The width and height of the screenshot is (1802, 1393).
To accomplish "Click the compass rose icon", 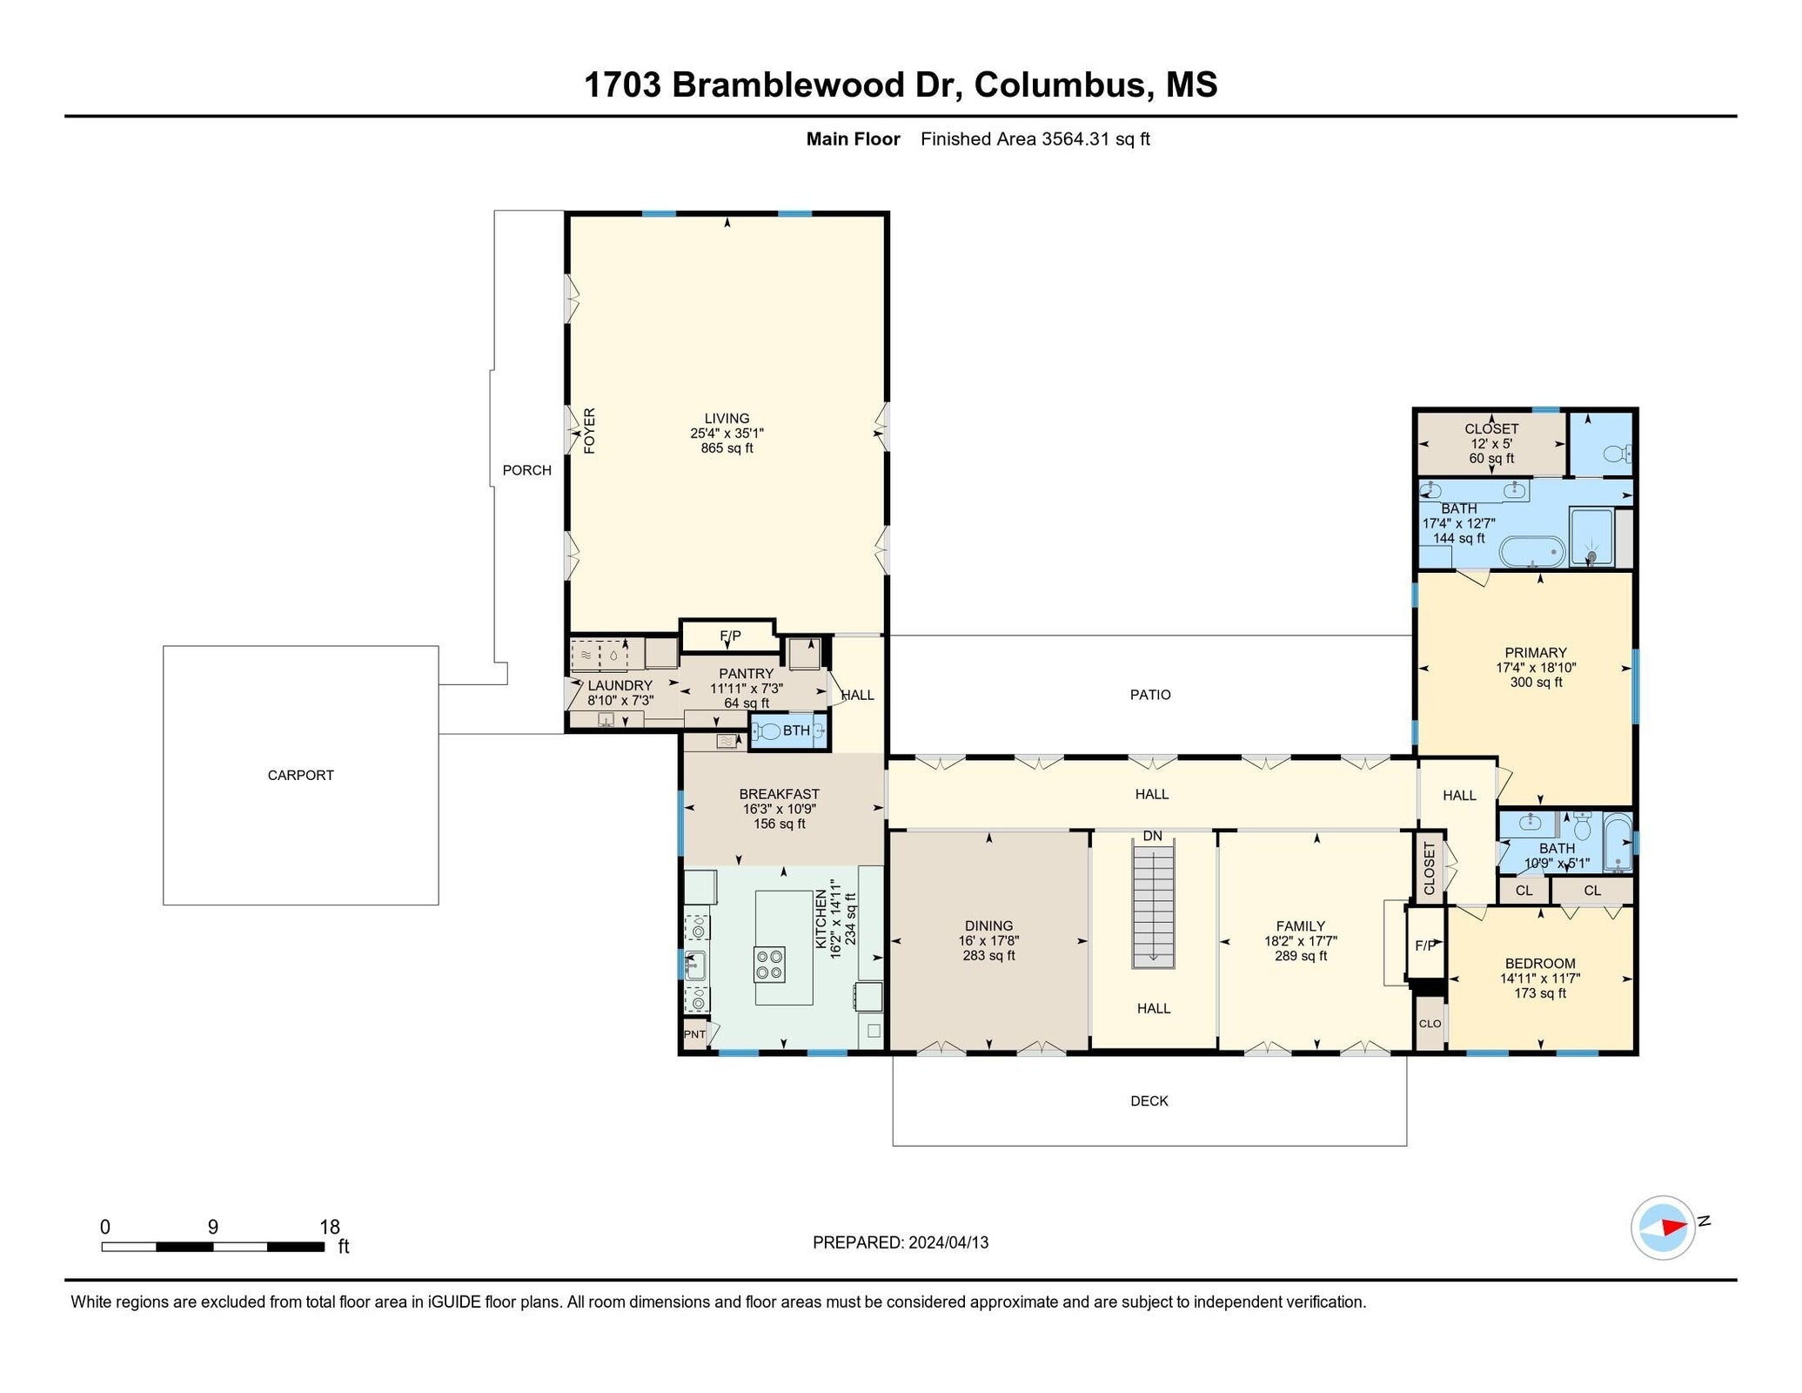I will (x=1661, y=1228).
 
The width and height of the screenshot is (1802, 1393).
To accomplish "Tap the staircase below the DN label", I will (x=1153, y=906).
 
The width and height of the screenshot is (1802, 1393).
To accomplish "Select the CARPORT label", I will (x=300, y=775).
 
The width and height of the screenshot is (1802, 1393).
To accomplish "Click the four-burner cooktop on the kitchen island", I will (x=769, y=965).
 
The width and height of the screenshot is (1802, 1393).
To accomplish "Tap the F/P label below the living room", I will (x=730, y=636).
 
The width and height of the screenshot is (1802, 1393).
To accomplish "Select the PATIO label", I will (x=1150, y=695).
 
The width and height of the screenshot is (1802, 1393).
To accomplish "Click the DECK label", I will (x=1149, y=1101).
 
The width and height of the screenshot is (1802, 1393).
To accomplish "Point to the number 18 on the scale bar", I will (x=329, y=1227).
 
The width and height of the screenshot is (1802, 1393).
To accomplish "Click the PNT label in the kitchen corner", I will (x=694, y=1034).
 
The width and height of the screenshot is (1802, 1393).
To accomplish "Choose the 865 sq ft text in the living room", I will (x=727, y=448).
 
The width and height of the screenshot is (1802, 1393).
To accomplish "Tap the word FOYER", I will (x=590, y=430).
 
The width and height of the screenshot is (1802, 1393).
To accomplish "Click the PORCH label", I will (x=526, y=470).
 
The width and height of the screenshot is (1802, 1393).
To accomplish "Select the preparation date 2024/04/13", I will (x=948, y=1242).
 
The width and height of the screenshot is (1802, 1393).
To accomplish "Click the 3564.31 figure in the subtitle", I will (x=1075, y=138).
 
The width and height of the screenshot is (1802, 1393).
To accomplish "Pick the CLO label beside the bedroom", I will (x=1430, y=1024).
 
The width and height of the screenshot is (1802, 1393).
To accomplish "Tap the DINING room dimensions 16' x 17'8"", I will (x=988, y=940).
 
